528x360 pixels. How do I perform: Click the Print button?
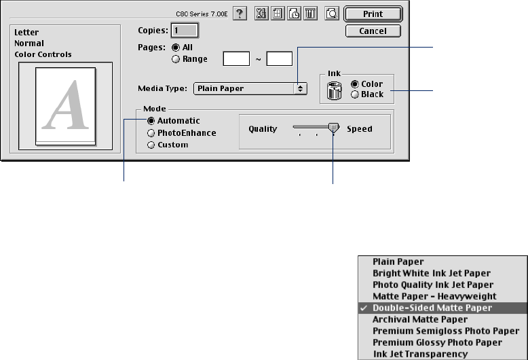(x=373, y=14)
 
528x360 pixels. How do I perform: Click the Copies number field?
(x=185, y=31)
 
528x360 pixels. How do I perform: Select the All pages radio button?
(x=176, y=48)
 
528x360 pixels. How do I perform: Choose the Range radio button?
(x=176, y=59)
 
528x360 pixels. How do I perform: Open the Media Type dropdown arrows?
(x=299, y=88)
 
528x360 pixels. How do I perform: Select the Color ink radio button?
(x=355, y=84)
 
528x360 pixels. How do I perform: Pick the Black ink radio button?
(x=355, y=94)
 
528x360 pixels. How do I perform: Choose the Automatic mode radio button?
(x=151, y=121)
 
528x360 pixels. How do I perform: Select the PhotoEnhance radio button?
(x=151, y=133)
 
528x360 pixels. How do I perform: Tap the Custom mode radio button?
(x=151, y=145)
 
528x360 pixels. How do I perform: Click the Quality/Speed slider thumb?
(x=333, y=128)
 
